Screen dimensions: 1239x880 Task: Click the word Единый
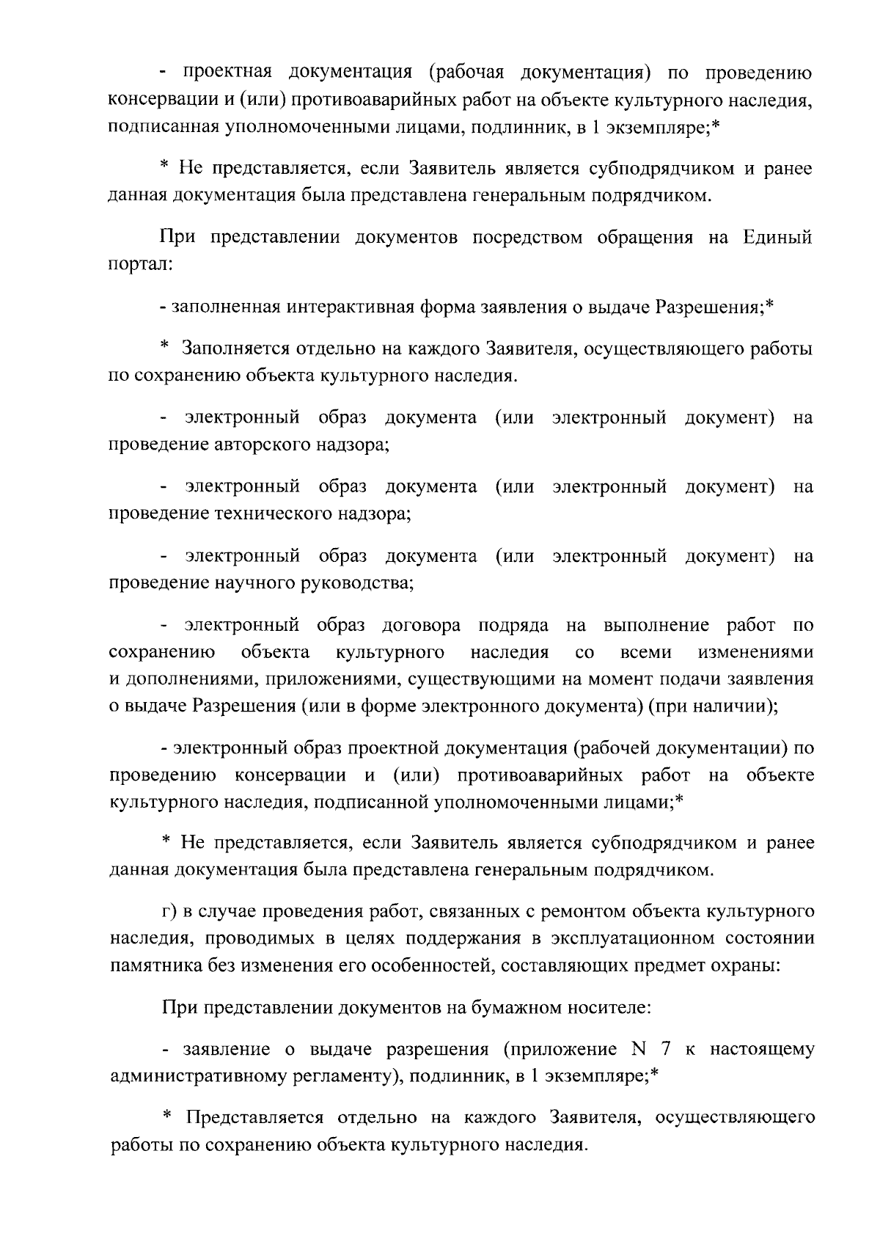[777, 238]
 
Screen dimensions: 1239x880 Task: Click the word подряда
[513, 626]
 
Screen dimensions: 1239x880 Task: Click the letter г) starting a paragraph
[169, 912]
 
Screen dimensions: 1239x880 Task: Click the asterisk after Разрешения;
[770, 304]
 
